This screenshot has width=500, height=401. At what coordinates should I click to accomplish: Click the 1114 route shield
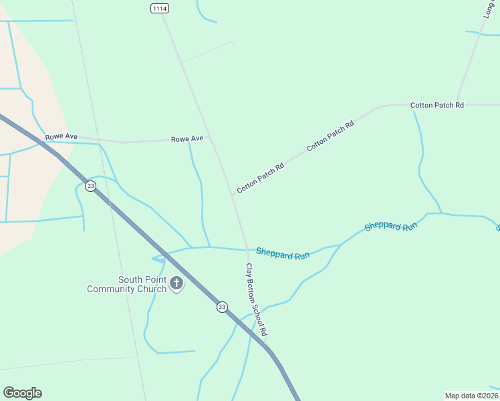coord(160,8)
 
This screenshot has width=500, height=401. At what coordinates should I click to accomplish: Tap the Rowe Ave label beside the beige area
coord(61,136)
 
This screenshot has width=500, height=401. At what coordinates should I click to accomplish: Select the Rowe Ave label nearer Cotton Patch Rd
coord(187,138)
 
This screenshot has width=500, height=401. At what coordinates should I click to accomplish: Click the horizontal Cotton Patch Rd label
coord(437,105)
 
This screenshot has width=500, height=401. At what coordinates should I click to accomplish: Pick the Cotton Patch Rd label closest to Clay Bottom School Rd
coord(261,178)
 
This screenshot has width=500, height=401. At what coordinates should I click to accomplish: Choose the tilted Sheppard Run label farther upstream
coord(391,226)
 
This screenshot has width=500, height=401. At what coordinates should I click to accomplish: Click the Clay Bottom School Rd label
coord(256,299)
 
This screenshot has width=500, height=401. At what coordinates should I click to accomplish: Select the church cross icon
coord(176,283)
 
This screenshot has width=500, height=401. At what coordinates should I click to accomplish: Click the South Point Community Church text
coord(128,284)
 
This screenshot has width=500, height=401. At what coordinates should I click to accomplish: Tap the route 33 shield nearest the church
coord(222,307)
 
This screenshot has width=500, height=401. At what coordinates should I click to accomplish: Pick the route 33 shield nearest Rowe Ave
coord(90,184)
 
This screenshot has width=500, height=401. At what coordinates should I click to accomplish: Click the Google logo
coord(22,393)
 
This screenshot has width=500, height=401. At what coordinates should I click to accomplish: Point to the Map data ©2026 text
coord(472,395)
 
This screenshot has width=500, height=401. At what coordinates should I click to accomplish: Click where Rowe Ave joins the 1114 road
coord(210,138)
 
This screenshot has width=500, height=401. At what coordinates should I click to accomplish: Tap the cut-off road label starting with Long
coord(489,9)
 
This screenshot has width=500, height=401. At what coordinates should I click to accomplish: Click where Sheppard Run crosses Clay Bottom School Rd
coord(247,250)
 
